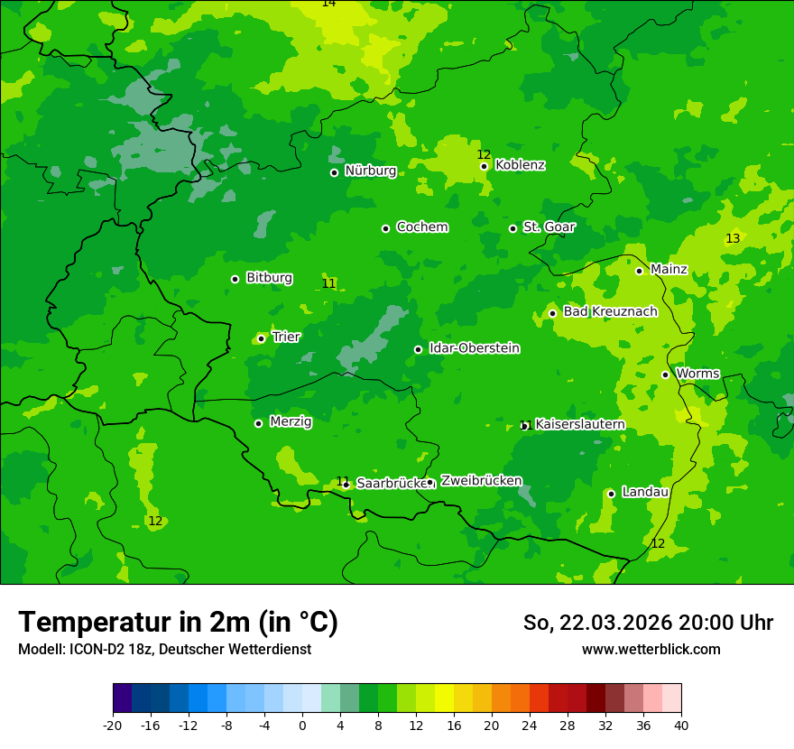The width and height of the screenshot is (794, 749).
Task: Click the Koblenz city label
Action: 520,165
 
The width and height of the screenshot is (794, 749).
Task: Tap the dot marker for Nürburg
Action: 334,172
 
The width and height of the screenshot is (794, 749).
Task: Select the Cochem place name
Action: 421,227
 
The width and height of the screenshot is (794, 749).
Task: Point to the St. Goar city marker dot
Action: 512,228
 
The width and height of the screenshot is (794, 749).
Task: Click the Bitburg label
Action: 269,278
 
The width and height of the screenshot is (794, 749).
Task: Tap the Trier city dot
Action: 261,338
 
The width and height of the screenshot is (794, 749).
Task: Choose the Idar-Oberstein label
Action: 474,348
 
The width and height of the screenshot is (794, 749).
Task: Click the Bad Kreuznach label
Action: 610,312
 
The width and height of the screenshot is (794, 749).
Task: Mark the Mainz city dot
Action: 639,271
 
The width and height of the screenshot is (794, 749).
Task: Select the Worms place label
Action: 697,374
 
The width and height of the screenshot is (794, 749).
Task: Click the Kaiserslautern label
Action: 579,425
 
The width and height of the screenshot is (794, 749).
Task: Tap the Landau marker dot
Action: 611,494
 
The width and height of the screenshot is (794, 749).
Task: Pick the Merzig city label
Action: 291,422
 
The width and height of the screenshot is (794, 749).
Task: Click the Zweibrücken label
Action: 481,481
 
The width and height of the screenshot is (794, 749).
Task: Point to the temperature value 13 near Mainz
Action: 733,239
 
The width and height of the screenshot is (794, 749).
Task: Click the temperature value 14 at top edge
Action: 328,4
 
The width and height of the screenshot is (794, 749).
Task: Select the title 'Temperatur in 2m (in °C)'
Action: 178,622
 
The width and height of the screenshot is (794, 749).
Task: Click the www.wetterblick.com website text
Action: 651,649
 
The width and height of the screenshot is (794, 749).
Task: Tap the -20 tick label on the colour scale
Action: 113,726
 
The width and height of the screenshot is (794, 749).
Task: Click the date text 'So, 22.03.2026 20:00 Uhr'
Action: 648,623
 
